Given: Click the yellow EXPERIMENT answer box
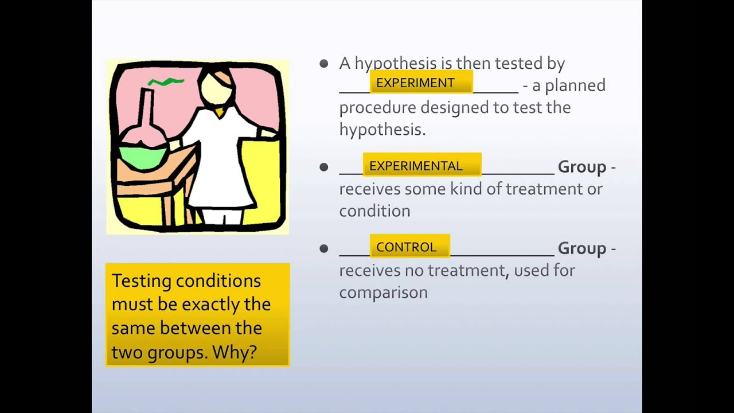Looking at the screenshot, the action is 421,81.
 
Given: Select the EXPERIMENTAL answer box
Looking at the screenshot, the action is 422,165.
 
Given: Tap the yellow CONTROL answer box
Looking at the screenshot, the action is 410,246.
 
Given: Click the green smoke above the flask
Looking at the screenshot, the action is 166,81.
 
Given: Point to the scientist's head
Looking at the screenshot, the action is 217,87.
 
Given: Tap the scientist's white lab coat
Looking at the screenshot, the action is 220,157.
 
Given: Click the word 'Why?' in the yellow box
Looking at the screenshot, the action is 235,352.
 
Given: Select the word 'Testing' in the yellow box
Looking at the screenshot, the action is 142,282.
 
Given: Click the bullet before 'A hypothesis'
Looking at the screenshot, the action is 324,64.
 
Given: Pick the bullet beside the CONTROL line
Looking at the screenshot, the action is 324,248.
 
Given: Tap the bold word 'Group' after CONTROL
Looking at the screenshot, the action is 582,249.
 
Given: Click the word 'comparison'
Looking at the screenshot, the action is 384,293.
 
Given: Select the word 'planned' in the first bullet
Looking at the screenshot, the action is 575,86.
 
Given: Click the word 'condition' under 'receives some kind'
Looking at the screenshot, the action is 374,211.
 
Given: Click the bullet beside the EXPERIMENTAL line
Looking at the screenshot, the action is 324,167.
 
